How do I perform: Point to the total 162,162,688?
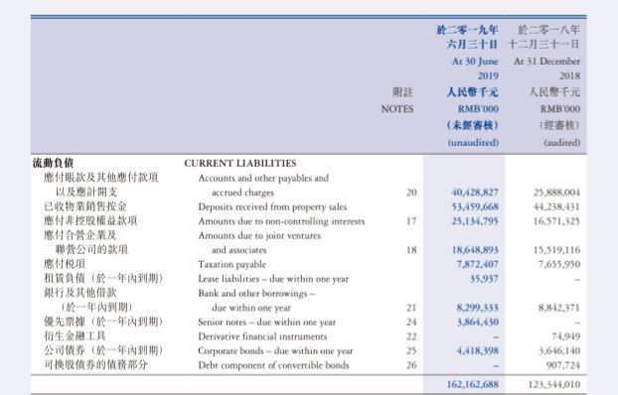[473, 384]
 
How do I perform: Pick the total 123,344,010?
[555, 384]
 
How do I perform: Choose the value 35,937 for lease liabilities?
[483, 280]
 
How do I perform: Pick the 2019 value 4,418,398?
[478, 351]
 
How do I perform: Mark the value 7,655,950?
[559, 265]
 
